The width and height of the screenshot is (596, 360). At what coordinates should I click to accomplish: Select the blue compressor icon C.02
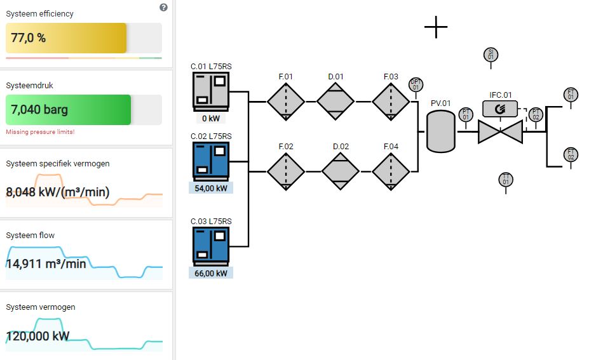tap(211, 161)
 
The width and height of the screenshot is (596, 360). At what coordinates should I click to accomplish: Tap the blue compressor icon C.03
tap(211, 246)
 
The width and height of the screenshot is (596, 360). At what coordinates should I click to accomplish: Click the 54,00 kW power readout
tap(211, 188)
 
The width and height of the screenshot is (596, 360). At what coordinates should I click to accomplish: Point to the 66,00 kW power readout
tap(211, 273)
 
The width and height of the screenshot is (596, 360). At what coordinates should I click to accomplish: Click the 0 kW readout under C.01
tap(211, 118)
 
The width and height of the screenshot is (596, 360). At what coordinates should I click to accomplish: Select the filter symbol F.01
tap(285, 101)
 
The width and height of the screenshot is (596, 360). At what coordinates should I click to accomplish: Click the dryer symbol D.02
tap(341, 171)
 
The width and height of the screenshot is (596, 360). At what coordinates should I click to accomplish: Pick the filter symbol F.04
tap(391, 171)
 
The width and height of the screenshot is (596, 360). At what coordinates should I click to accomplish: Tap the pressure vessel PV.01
tap(440, 131)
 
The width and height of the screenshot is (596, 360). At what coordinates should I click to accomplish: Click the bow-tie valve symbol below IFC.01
tap(500, 131)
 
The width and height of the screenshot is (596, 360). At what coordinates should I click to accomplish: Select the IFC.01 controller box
tap(500, 109)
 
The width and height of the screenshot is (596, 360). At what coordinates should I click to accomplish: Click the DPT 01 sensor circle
tap(416, 84)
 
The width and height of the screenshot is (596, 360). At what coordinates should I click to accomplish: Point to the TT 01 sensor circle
tap(506, 180)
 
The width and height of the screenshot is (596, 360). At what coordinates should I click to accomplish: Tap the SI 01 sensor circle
tap(490, 55)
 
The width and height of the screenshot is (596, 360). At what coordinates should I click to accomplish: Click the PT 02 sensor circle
tap(536, 114)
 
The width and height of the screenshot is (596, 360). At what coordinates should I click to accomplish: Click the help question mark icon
tap(163, 7)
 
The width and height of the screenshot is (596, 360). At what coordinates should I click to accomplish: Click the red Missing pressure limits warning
tap(40, 131)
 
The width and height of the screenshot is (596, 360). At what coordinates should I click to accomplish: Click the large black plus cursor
tap(436, 27)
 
